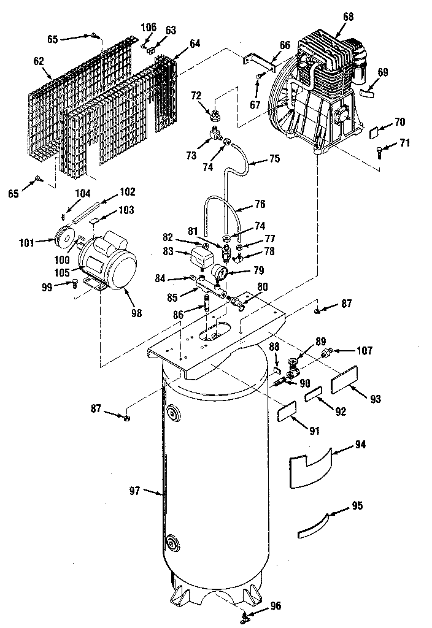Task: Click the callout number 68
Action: click(x=348, y=17)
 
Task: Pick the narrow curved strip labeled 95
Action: click(x=312, y=525)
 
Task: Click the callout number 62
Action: click(x=39, y=61)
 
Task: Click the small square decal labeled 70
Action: click(x=376, y=132)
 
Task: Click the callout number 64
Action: click(x=195, y=44)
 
